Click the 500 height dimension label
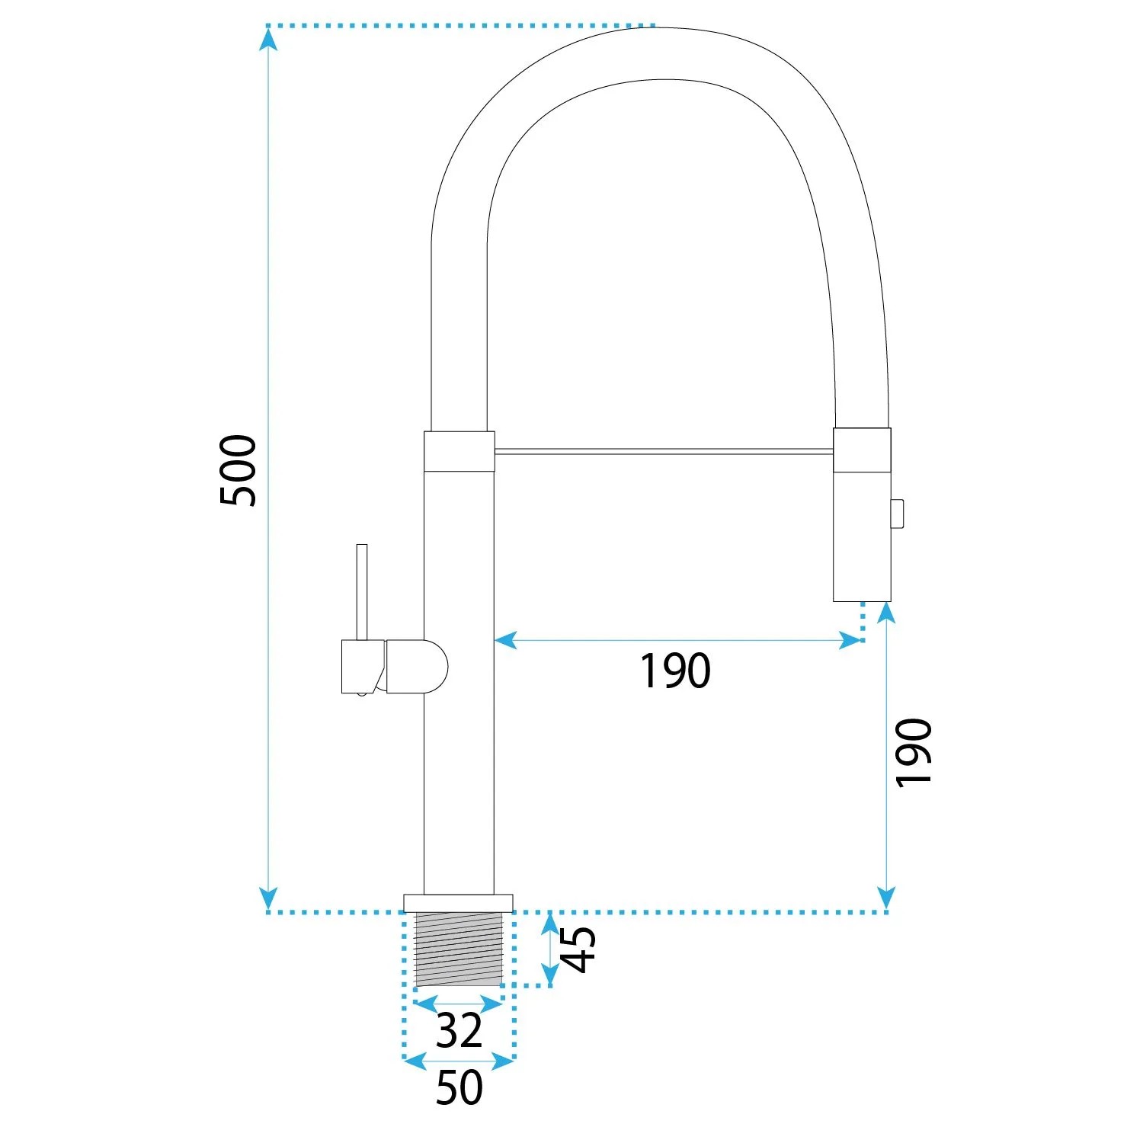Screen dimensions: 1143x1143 238,470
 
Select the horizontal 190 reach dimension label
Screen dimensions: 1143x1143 675,671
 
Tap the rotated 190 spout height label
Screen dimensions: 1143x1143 914,752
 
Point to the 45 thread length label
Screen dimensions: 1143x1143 579,949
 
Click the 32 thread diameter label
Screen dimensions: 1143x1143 459,1030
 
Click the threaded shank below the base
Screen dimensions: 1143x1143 459,949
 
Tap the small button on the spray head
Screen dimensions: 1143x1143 897,513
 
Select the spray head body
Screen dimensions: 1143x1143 862,515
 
